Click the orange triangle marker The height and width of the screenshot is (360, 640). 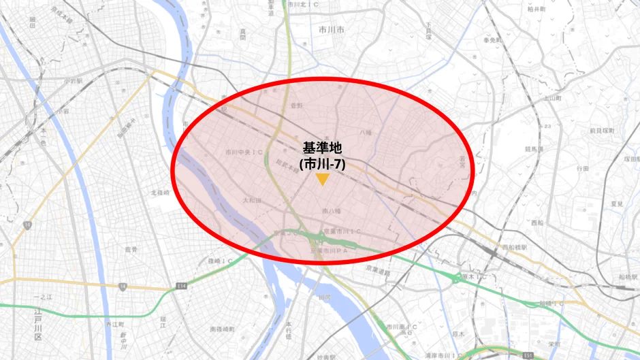[322, 180]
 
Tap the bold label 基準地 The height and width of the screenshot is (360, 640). [322, 148]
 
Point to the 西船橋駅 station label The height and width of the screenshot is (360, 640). [515, 247]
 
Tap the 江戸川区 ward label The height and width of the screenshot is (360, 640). [37, 328]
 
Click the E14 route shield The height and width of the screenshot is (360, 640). [180, 287]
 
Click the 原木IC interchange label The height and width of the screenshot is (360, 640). [473, 277]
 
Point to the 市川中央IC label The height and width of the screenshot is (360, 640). [240, 152]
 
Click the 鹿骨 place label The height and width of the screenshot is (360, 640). [131, 250]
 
